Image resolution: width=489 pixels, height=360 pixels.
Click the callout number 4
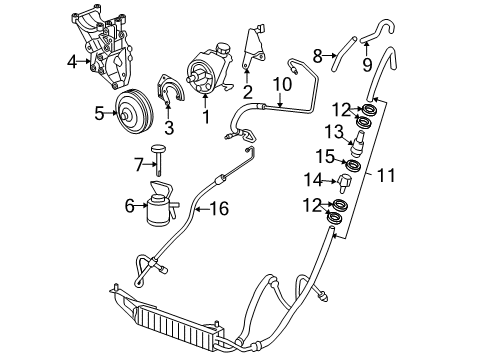[x=71, y=62]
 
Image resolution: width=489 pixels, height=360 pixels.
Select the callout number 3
[x=169, y=128]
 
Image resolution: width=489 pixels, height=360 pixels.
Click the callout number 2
[x=247, y=91]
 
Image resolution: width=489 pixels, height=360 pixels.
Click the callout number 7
[x=138, y=162]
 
